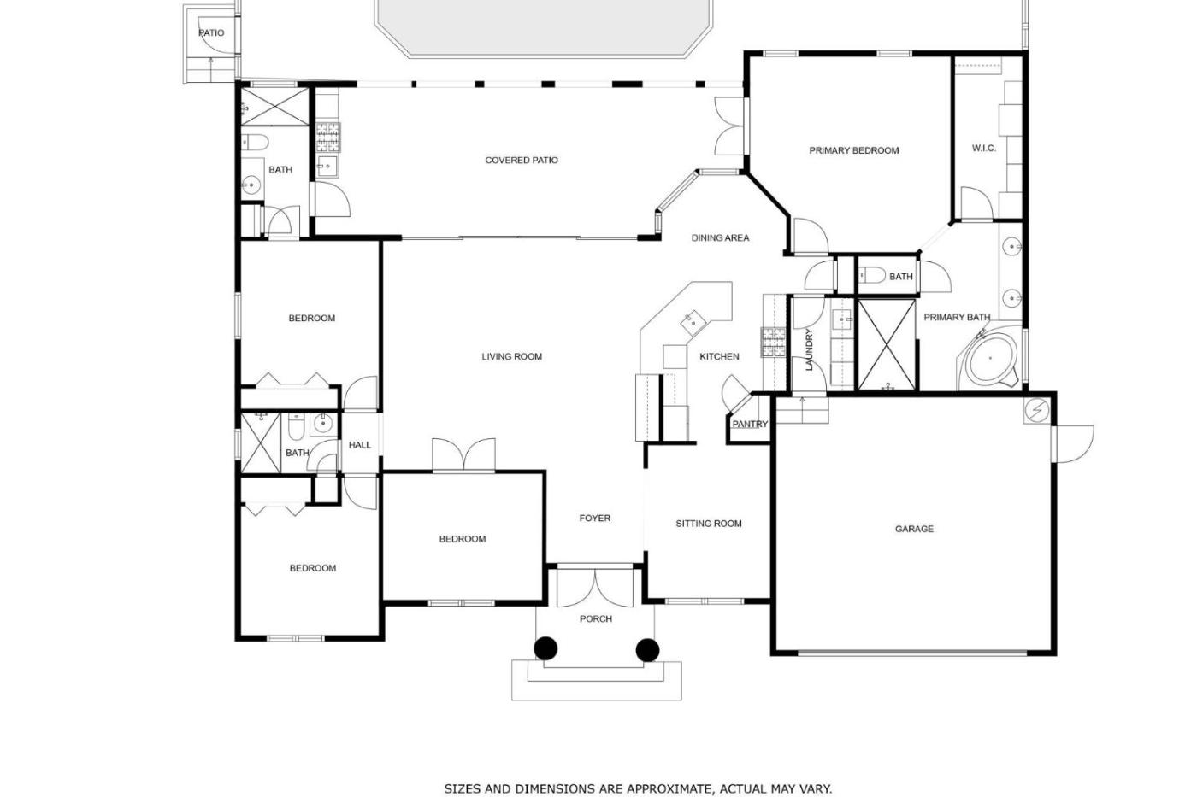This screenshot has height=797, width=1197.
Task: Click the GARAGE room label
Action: point(914,529)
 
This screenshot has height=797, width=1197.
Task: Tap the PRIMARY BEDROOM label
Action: point(854,150)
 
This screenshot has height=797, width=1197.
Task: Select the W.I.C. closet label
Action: point(984,149)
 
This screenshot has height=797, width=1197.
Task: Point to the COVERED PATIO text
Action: point(522,160)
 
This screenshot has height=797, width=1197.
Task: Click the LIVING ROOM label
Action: point(512,356)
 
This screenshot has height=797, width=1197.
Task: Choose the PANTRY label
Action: point(751,425)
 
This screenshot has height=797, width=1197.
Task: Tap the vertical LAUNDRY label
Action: point(809,349)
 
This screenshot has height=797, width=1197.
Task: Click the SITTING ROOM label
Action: point(709,524)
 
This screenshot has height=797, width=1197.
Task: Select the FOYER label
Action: point(595,519)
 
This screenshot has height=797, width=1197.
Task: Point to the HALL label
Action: point(360,445)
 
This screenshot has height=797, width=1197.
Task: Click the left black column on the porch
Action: point(545,649)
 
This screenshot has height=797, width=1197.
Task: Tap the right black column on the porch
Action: point(647,649)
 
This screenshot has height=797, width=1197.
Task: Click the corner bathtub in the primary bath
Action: point(990,358)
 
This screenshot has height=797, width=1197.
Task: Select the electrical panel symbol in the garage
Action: point(1037,411)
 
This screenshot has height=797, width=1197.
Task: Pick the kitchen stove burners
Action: point(774,342)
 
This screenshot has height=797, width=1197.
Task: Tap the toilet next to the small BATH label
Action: point(872,276)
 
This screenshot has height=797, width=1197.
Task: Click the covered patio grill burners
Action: point(327,137)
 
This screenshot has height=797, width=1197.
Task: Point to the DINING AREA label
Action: point(720,238)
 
